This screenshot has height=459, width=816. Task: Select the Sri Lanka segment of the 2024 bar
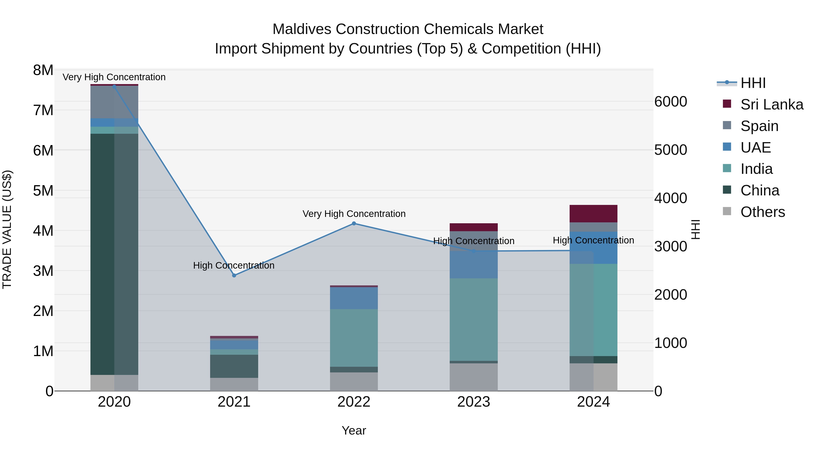[x=593, y=214]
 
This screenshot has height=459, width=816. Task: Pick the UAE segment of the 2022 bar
[x=354, y=298]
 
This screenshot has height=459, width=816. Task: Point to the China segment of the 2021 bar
[x=234, y=366]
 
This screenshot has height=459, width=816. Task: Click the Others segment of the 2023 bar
[x=474, y=377]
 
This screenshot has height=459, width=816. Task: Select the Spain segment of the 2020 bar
[x=114, y=102]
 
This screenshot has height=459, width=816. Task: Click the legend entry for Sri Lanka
[x=772, y=104]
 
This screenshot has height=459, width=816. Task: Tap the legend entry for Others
[x=763, y=212]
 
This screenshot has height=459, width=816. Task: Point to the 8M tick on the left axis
[x=43, y=70]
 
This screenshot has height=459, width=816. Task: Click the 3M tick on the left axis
[x=43, y=271]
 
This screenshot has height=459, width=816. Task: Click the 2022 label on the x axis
[x=354, y=402]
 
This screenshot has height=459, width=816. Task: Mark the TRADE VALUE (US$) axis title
[x=7, y=229]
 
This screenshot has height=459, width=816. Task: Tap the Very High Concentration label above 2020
[x=114, y=77]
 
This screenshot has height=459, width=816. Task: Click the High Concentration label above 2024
[x=593, y=240]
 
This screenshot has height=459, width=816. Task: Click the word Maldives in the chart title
[x=302, y=29]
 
